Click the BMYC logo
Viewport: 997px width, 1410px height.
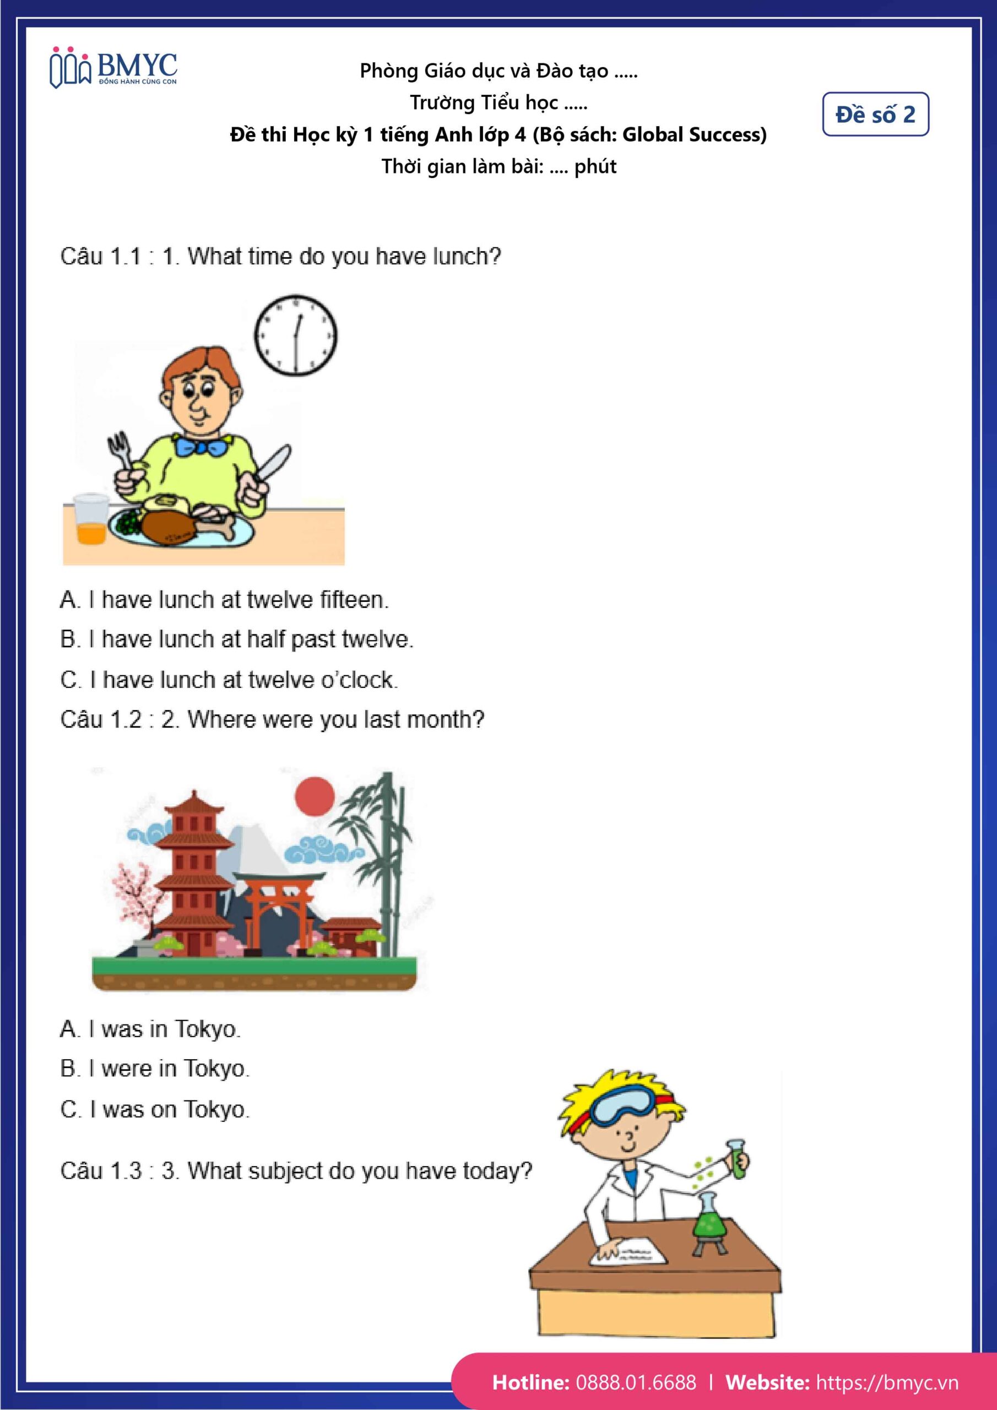pos(113,67)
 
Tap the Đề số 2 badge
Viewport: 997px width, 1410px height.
pos(875,114)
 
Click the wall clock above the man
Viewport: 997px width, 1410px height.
pos(295,335)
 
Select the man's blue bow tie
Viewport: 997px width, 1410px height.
pos(201,444)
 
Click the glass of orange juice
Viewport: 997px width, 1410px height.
pos(91,519)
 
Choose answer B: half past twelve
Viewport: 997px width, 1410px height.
pos(236,639)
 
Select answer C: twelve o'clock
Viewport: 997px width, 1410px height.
pos(229,680)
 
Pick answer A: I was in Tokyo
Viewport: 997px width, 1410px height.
pos(150,1029)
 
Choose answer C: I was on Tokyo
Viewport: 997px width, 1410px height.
pos(155,1109)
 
